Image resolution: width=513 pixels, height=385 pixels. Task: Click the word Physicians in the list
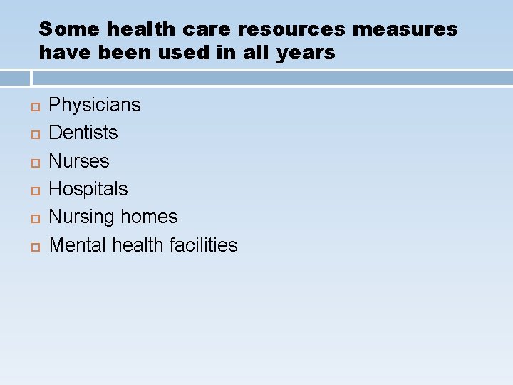[x=94, y=105]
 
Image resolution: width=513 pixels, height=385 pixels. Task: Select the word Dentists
[x=83, y=133]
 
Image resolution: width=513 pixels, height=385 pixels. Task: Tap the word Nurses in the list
[x=78, y=161]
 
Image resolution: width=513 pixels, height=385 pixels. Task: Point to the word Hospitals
[x=88, y=189]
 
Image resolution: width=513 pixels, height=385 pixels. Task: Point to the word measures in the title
[x=405, y=29]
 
